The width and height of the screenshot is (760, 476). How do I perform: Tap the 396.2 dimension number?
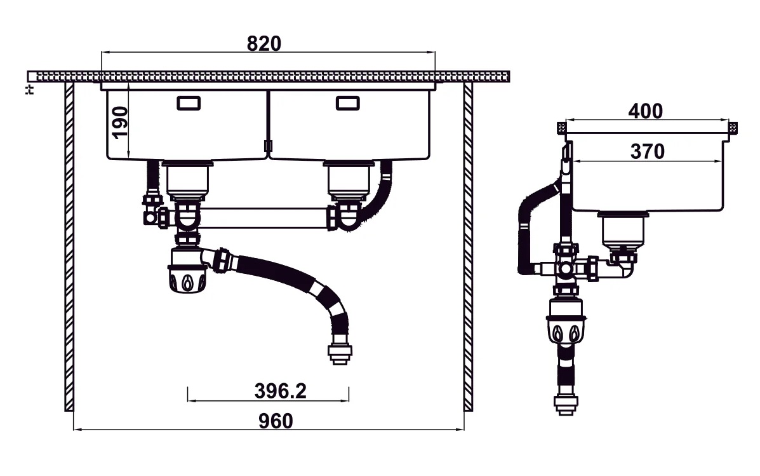coord(280,391)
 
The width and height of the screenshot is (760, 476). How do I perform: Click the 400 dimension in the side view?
coord(645,111)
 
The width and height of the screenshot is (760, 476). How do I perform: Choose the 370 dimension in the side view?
coord(647,152)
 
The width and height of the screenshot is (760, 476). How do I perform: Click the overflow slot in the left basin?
coord(188,103)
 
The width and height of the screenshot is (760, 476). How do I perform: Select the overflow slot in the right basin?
coord(347,103)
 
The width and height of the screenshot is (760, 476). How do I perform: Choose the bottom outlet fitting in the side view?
coord(564,403)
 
